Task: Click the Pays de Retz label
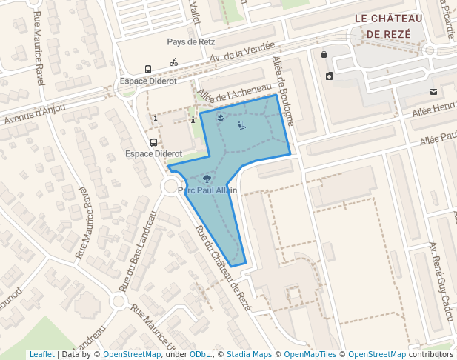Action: click(191, 42)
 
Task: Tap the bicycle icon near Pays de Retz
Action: click(173, 62)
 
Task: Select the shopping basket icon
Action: click(324, 54)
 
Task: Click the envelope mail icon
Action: click(433, 92)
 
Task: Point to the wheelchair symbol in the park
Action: click(241, 125)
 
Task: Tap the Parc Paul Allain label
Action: click(207, 190)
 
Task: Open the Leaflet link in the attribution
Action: click(41, 354)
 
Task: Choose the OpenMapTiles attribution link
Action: click(310, 354)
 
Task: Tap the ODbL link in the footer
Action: click(201, 354)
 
